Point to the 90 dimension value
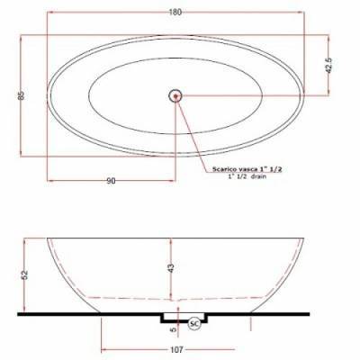click(112, 181)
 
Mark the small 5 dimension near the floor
click(172, 329)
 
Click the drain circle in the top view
click(175, 94)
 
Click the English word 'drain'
click(258, 176)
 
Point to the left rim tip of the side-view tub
click(46, 238)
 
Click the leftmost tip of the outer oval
click(47, 94)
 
